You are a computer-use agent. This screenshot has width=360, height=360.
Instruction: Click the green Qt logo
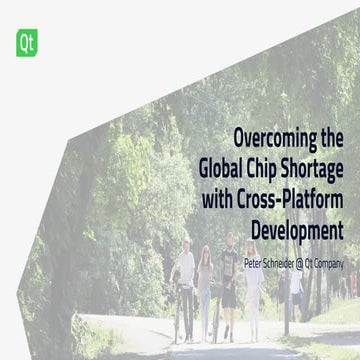(x=23, y=42)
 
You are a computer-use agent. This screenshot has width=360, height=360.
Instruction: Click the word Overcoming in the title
(x=272, y=138)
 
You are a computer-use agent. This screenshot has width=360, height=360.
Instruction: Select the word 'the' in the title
(x=330, y=138)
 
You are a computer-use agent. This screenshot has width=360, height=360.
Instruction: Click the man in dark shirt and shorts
(x=229, y=285)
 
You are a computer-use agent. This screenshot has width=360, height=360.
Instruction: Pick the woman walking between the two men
(x=205, y=285)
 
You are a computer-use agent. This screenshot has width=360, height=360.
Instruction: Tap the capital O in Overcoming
(x=239, y=138)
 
